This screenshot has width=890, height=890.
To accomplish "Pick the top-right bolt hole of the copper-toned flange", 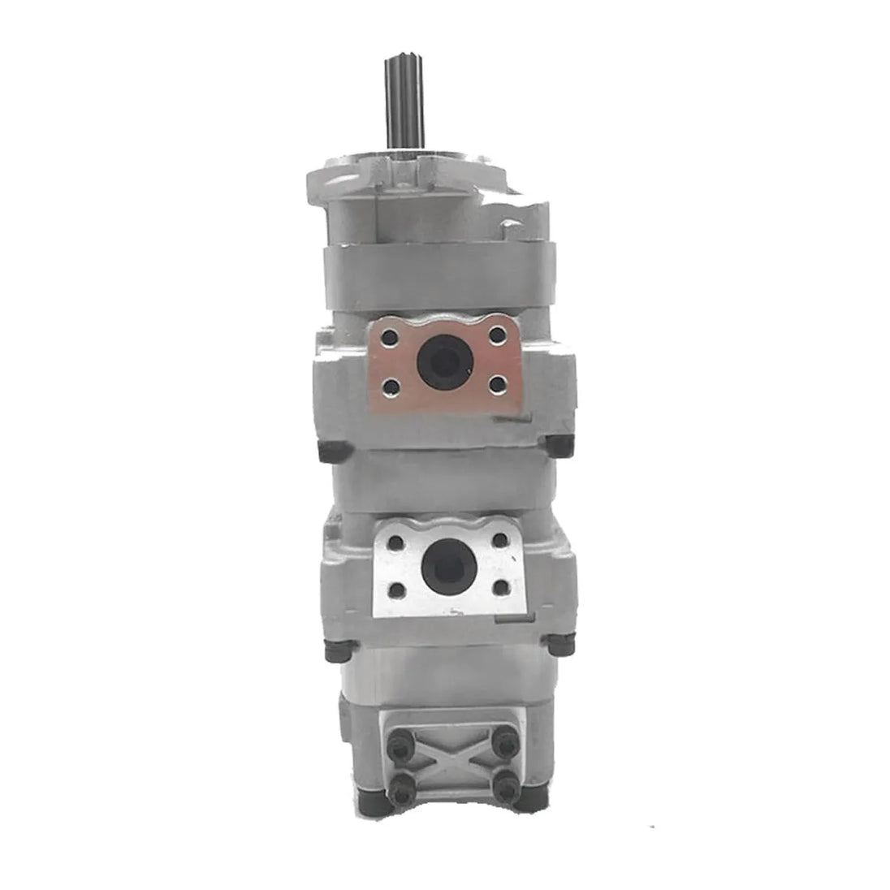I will pyautogui.click(x=497, y=335).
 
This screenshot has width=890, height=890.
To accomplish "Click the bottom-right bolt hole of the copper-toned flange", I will pyautogui.click(x=497, y=385).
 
